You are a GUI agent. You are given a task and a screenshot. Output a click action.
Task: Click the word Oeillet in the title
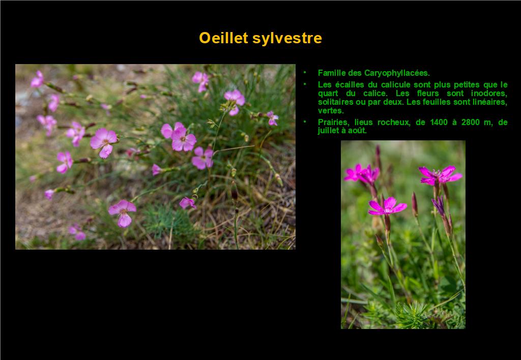pos(223,38)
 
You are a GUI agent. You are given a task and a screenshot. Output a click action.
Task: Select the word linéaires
pos(490,102)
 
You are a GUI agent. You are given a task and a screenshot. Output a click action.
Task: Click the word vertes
pos(331,110)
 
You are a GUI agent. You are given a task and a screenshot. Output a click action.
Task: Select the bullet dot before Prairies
pos(305,122)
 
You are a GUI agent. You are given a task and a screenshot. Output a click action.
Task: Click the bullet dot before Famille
pos(305,72)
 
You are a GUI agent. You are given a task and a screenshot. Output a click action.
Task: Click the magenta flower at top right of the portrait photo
pos(440,175)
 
